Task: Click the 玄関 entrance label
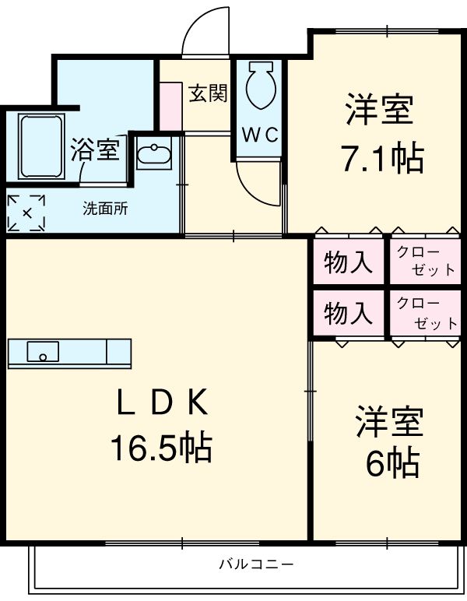point(209,94)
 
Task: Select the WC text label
point(259,135)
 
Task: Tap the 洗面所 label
point(105,209)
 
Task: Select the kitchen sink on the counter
point(43,352)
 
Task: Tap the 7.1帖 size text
point(381,158)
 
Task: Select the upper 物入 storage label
point(348,263)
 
